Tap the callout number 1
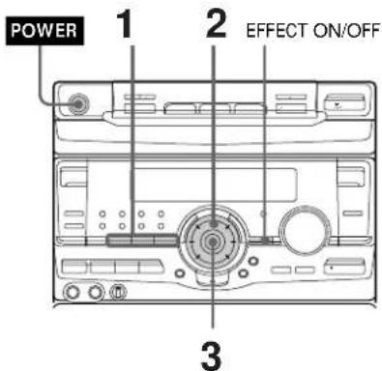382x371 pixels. pyautogui.click(x=128, y=26)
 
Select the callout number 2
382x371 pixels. pyautogui.click(x=214, y=24)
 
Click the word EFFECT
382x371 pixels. pyautogui.click(x=273, y=26)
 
